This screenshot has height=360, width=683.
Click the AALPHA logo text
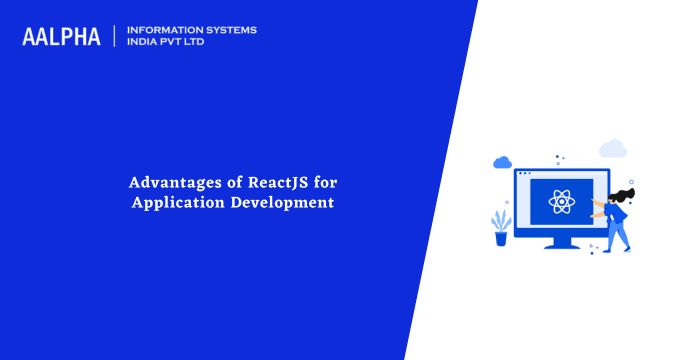61,36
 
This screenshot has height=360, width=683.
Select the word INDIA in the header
146,43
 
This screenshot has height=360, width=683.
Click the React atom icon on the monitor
560,201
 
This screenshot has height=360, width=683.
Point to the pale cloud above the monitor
612,149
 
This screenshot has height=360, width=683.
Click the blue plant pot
501,238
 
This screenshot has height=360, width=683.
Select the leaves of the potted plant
501,220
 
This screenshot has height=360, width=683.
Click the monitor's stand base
560,245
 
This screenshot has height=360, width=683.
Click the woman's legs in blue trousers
620,235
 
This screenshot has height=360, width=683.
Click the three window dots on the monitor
524,173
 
